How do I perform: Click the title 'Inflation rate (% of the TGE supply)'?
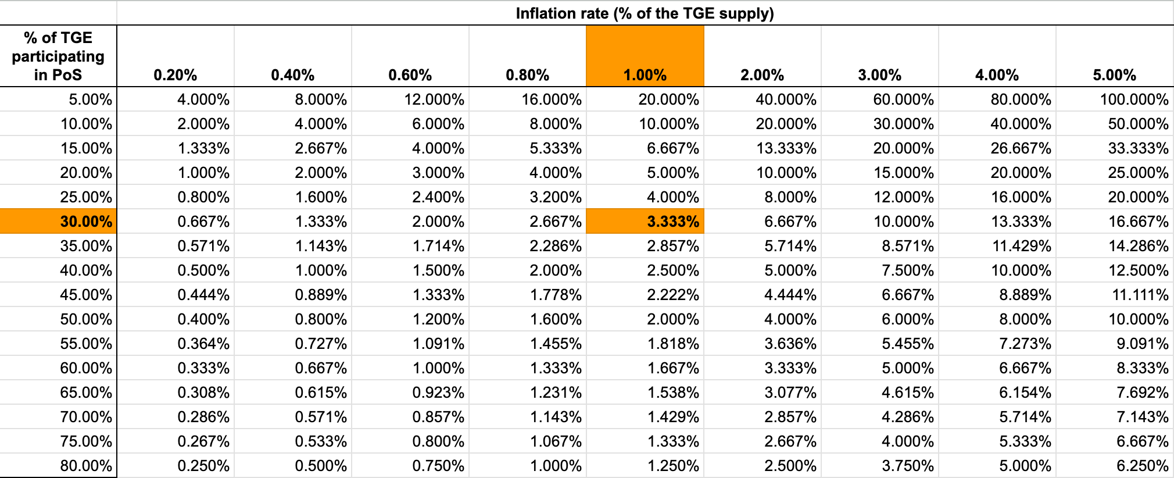point(645,13)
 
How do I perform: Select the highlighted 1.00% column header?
point(645,75)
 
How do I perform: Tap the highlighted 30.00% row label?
point(86,222)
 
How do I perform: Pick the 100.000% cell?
point(1134,99)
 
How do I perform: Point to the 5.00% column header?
point(1115,75)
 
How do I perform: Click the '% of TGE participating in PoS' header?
point(58,56)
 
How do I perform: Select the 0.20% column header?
point(176,75)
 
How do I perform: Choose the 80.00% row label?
point(86,466)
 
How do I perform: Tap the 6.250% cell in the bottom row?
point(1143,466)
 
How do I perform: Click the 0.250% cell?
point(203,466)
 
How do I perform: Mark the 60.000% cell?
point(904,99)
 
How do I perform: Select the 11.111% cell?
point(1140,295)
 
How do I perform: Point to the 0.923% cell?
point(438,393)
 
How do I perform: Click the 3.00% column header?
point(880,75)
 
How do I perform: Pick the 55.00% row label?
point(86,344)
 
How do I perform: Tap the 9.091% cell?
point(1143,344)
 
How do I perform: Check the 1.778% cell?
point(556,295)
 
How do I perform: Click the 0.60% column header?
point(410,75)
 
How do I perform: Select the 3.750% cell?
point(908,466)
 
